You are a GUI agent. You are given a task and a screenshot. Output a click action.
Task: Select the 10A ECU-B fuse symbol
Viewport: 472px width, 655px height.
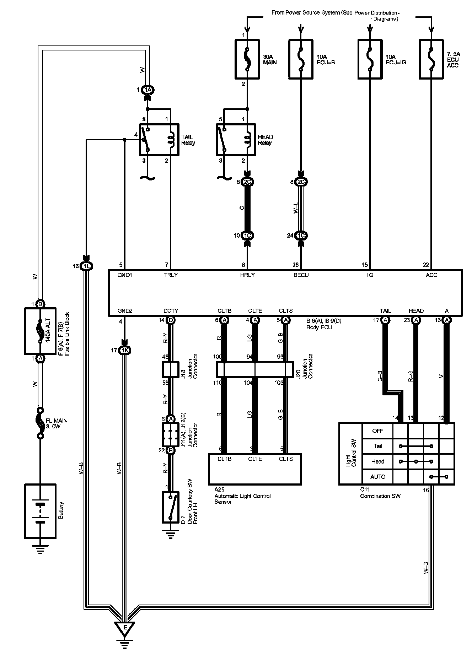point(301,59)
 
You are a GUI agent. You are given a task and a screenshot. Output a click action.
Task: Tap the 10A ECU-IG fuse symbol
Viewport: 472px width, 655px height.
point(370,59)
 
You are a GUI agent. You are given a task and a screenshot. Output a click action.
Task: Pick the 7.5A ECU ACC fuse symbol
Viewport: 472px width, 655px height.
point(431,59)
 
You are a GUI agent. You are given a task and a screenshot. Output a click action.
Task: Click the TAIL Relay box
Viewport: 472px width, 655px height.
point(159,140)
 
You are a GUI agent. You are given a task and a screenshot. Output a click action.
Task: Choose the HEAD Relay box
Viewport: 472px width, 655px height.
point(236,140)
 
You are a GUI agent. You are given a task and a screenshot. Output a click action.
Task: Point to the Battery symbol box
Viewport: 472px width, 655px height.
point(40,510)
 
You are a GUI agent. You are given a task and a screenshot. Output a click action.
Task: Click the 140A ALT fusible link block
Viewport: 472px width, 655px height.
point(40,331)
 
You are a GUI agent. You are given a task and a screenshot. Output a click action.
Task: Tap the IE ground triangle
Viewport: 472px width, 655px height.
point(125,628)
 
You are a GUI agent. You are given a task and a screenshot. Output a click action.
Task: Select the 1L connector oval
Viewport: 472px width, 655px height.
point(86,266)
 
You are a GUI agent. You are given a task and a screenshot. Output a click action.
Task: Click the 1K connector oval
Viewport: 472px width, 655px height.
point(125,351)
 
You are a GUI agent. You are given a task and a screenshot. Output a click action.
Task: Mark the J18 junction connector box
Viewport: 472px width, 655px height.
point(171,370)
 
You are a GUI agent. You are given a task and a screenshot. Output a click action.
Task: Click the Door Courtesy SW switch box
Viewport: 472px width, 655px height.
point(171,507)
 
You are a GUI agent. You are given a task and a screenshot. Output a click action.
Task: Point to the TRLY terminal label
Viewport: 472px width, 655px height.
point(171,275)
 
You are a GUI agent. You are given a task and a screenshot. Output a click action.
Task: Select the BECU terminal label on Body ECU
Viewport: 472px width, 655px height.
point(301,275)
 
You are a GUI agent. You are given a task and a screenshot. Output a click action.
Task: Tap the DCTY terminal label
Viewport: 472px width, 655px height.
point(171,311)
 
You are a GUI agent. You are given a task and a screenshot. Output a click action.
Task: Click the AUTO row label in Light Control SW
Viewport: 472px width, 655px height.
point(377,477)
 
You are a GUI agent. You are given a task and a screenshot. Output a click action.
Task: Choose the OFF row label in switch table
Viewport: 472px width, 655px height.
point(377,431)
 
